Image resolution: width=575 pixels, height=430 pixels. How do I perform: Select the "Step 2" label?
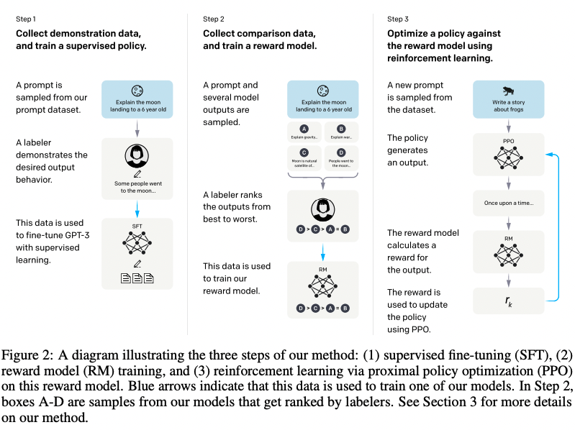coord(215,19)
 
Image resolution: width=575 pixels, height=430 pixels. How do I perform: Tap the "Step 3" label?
coord(399,19)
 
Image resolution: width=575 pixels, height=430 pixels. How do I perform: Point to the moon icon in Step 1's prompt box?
coord(137,91)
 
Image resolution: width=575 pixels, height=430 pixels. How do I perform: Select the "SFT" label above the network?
coord(137,227)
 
